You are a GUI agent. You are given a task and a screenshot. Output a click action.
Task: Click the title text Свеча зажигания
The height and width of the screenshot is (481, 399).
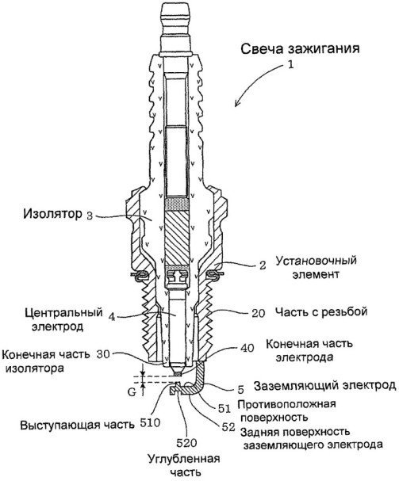point(300,49)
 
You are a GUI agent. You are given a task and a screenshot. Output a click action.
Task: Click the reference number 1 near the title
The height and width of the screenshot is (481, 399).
point(290,65)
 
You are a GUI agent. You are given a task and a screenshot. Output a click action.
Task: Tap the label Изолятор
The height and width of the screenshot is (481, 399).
point(53,214)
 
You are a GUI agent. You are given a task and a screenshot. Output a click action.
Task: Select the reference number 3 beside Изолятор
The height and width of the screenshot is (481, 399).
point(90,216)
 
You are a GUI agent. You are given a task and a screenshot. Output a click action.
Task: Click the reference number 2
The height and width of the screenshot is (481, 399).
point(263,265)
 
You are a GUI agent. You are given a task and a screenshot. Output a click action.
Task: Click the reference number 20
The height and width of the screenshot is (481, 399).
point(258,313)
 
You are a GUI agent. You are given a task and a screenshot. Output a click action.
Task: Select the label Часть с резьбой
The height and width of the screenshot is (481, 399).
point(321,311)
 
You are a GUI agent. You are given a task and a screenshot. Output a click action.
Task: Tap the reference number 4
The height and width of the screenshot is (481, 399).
point(112,317)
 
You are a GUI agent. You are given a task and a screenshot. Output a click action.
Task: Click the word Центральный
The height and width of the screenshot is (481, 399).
point(63,312)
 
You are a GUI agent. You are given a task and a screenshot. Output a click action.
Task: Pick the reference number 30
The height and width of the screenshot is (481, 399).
point(103,354)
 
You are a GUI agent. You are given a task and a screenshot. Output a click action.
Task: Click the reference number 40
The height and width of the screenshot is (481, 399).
point(247,348)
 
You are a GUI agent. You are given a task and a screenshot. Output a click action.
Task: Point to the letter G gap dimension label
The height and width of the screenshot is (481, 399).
point(132,392)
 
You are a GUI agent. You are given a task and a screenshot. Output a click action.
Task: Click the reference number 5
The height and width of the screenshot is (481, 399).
point(241,390)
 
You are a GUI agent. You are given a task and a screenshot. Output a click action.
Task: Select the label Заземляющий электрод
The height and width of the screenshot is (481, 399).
point(325,386)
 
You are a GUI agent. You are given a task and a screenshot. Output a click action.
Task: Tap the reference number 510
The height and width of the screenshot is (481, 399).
point(150,423)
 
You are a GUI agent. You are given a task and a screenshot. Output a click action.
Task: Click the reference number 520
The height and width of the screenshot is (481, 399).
point(186,443)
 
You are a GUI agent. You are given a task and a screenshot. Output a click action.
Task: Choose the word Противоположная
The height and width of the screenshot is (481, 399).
point(286,404)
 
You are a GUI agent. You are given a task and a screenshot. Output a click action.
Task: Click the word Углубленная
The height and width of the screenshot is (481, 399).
point(184,460)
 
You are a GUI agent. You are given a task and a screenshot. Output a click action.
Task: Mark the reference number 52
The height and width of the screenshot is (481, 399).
point(228,427)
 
